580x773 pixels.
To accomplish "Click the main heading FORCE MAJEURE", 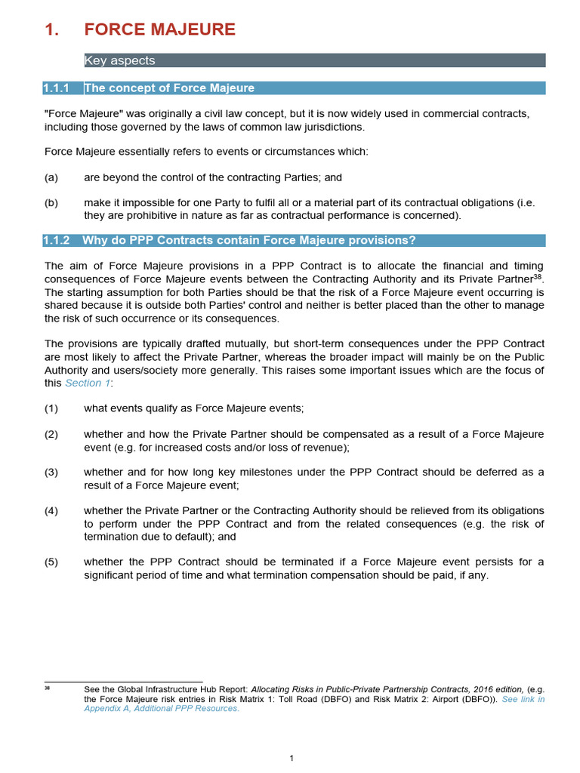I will pos(159,29).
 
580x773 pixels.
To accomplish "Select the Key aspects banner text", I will pos(119,61).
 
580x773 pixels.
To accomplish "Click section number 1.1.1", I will pos(57,88).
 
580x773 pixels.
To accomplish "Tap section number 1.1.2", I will pos(57,240).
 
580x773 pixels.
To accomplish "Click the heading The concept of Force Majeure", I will pos(169,88).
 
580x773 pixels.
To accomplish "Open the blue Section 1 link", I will pos(88,383).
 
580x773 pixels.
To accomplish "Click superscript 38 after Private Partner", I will pos(537,276).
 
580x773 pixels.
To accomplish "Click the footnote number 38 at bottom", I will pos(47,688).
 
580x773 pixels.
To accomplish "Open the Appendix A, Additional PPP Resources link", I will pos(162,708).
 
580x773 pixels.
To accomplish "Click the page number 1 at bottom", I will pos(292,758).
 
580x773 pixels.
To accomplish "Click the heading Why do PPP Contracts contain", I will pos(249,240).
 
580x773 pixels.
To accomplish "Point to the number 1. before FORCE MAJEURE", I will pos(51,29).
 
